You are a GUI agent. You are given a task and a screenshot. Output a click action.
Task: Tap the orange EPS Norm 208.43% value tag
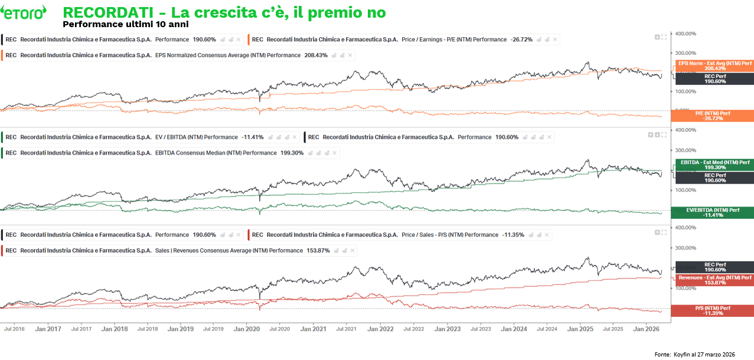coord(714,66)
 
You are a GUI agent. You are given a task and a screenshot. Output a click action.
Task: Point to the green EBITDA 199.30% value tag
coord(714,165)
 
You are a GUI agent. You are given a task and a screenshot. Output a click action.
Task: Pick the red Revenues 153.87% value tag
coord(714,280)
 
